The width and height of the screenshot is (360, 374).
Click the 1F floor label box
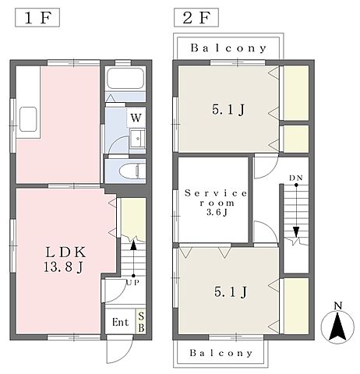click(x=37, y=18)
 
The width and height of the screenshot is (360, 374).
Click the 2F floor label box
click(x=196, y=18)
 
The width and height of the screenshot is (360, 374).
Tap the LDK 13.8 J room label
click(x=65, y=259)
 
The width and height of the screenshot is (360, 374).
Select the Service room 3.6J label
click(x=216, y=203)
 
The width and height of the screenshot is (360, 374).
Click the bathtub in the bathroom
click(x=125, y=78)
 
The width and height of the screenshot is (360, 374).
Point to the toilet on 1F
click(x=132, y=171)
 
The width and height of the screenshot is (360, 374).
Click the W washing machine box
click(x=136, y=118)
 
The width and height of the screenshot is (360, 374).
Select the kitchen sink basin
click(x=28, y=119)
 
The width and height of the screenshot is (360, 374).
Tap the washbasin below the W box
click(x=137, y=138)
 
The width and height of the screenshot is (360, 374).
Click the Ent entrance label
click(x=120, y=323)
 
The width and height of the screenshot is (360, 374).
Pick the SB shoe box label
click(x=141, y=322)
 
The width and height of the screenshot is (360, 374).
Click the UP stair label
click(x=133, y=283)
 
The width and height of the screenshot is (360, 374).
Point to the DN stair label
click(x=296, y=178)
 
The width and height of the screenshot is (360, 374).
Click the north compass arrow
click(x=337, y=326)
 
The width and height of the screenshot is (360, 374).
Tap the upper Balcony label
click(x=228, y=48)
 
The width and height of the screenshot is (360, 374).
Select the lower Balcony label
click(x=221, y=353)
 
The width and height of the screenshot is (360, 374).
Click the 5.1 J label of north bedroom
click(x=228, y=110)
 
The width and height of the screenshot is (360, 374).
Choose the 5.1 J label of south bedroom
click(x=231, y=292)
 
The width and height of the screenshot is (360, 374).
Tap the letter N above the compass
click(x=338, y=306)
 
